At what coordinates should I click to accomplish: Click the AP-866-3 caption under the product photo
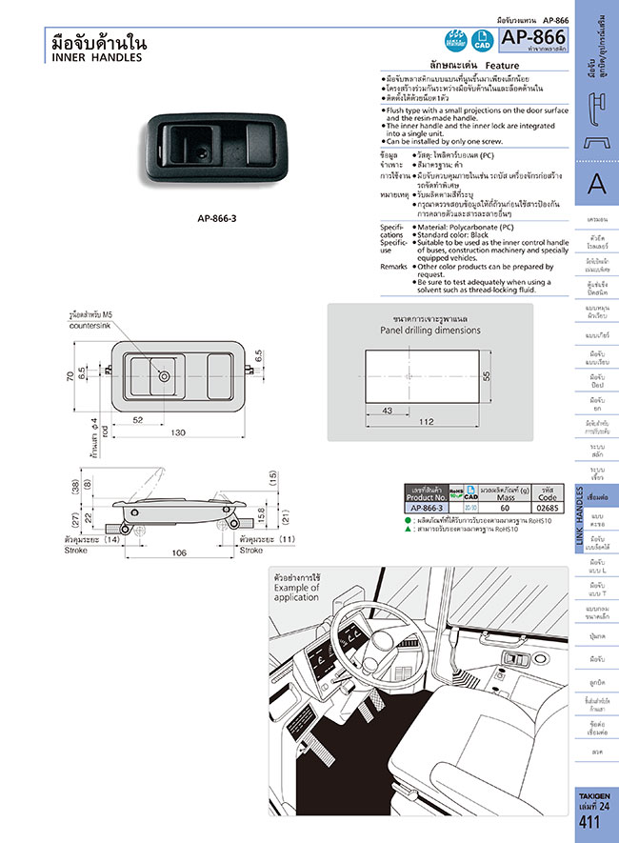[x=217, y=217]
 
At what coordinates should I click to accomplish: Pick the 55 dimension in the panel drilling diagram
[x=485, y=376]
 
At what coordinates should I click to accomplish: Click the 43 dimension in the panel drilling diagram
[x=386, y=411]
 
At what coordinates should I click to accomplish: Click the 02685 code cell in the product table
[x=548, y=508]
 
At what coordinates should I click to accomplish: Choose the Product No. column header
[x=426, y=495]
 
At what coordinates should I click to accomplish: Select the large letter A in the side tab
[x=596, y=183]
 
